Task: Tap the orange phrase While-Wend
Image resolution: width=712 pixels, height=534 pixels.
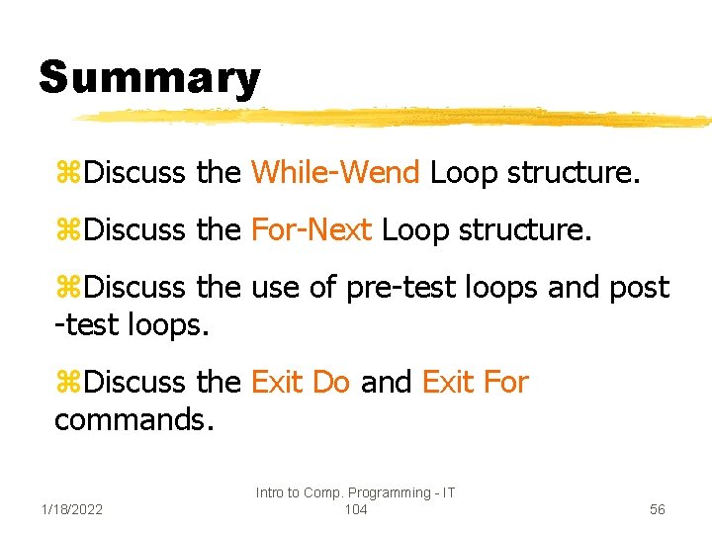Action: tap(336, 173)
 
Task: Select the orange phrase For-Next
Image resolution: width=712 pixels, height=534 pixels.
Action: tap(311, 230)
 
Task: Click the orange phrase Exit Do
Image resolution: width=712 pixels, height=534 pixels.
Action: tap(301, 382)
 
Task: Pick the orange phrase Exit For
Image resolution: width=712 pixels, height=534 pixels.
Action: tap(475, 382)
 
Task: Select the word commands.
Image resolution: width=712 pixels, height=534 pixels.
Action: tap(133, 419)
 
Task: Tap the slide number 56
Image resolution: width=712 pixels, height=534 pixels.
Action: tap(658, 509)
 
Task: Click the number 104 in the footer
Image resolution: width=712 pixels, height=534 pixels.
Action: tap(355, 509)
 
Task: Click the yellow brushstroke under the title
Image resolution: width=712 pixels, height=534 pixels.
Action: tap(396, 118)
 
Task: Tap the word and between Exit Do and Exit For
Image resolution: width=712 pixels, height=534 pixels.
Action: tap(386, 382)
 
